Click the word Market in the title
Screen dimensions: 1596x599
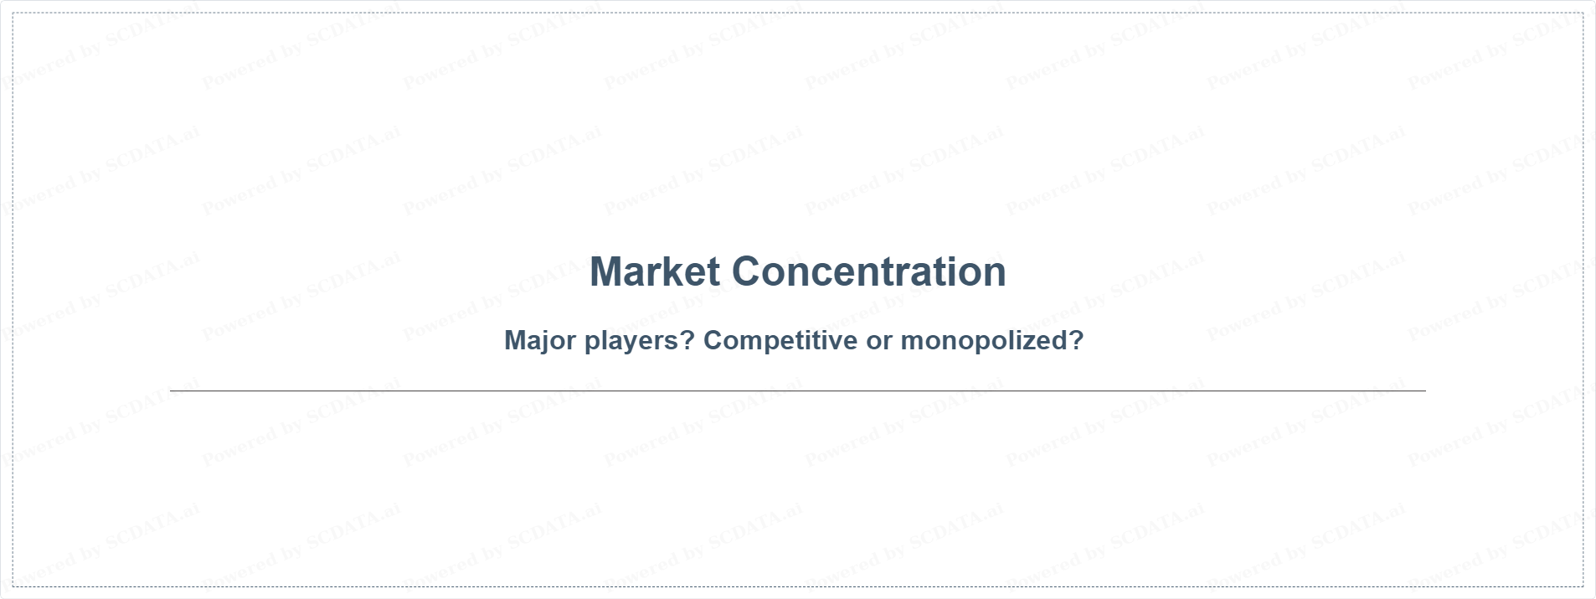[x=655, y=271]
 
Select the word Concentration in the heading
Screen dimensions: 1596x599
[x=869, y=271]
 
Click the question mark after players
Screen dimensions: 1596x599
[x=689, y=340]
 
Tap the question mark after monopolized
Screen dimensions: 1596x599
[x=1077, y=340]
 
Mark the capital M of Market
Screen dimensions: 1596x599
[x=606, y=271]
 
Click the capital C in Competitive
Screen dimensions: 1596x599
[x=713, y=340]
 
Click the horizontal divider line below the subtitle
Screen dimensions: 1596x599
[x=798, y=390]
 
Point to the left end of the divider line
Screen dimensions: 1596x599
[x=170, y=390]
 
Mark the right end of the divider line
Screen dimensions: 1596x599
[x=1426, y=390]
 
